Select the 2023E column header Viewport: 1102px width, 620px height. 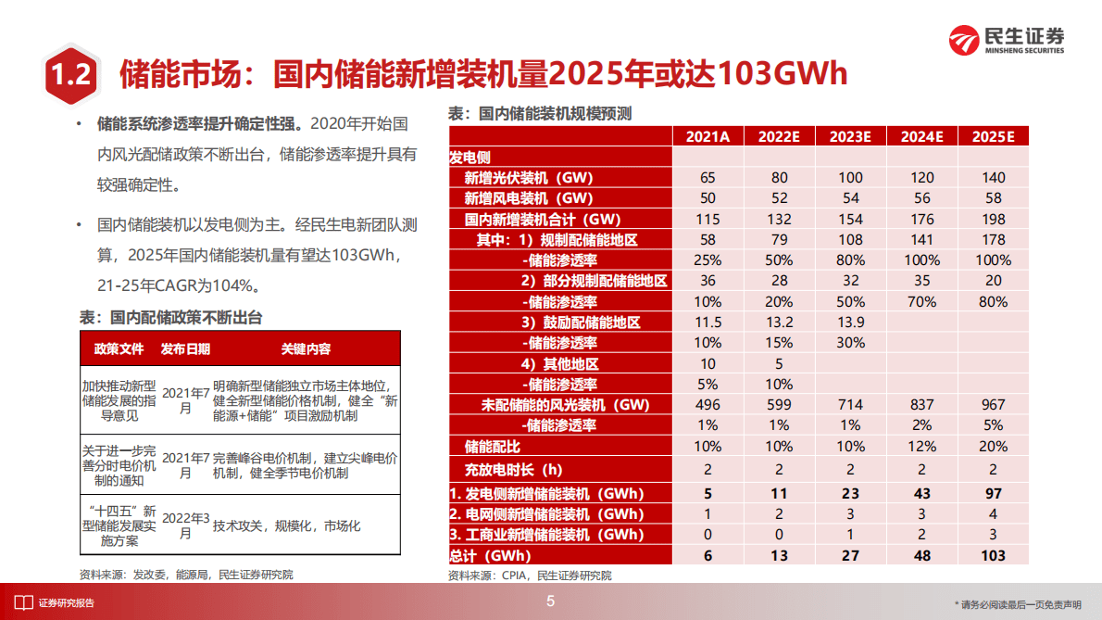tap(850, 136)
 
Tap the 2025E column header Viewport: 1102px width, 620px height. tap(993, 136)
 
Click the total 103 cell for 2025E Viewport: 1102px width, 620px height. tap(993, 555)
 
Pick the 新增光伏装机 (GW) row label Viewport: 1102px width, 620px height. tap(528, 177)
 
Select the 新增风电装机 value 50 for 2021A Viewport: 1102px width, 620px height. tap(708, 198)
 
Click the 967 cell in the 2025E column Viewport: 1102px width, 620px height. tap(993, 405)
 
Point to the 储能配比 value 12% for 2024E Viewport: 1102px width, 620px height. tap(921, 447)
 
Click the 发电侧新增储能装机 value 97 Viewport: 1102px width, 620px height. tap(993, 493)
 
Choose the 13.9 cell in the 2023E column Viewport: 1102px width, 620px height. tap(850, 323)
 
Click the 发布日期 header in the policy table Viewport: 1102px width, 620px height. tap(185, 348)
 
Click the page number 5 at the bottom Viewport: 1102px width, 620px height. tap(551, 602)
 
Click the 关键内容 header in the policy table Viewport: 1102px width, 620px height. tap(306, 348)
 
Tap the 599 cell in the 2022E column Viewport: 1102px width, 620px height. tap(779, 405)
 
